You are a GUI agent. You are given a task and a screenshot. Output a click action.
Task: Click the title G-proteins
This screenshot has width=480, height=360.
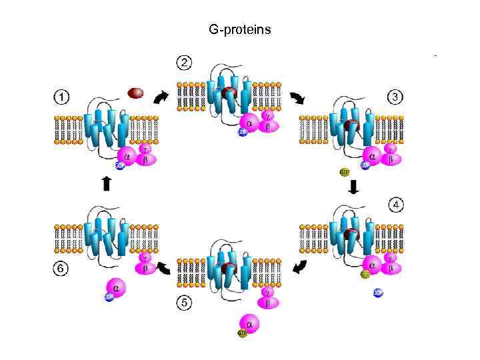[x=240, y=30]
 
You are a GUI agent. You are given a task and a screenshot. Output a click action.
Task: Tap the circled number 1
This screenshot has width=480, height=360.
[x=61, y=97]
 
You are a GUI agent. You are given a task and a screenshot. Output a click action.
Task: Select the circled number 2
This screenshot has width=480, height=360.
[x=184, y=63]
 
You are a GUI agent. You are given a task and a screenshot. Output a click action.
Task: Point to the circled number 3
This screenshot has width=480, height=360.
[x=396, y=97]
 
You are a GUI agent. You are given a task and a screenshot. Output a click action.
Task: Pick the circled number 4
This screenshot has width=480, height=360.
[x=396, y=205]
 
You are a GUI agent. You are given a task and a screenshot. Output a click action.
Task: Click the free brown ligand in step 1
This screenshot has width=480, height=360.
[x=135, y=93]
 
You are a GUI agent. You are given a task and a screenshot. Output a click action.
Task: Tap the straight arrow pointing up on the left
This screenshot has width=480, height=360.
[x=105, y=183]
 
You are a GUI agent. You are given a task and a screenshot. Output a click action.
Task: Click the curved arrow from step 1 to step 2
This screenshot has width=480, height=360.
[x=160, y=98]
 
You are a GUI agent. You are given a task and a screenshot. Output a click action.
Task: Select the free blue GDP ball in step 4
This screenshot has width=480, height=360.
[x=378, y=293]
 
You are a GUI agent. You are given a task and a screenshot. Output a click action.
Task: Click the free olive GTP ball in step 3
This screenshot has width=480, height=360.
[x=345, y=172]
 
